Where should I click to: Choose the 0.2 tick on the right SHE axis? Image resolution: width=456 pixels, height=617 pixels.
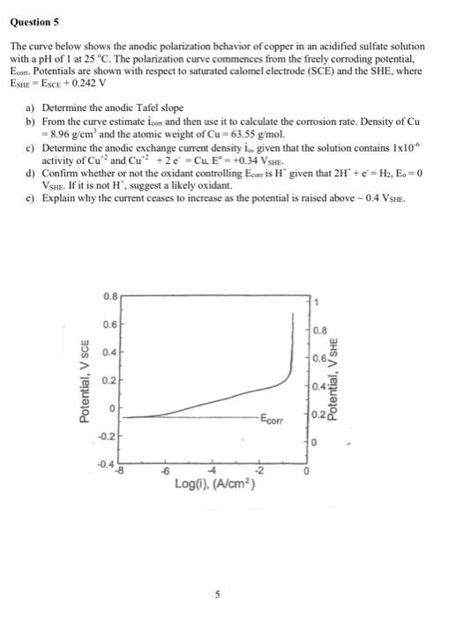[x=319, y=415]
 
